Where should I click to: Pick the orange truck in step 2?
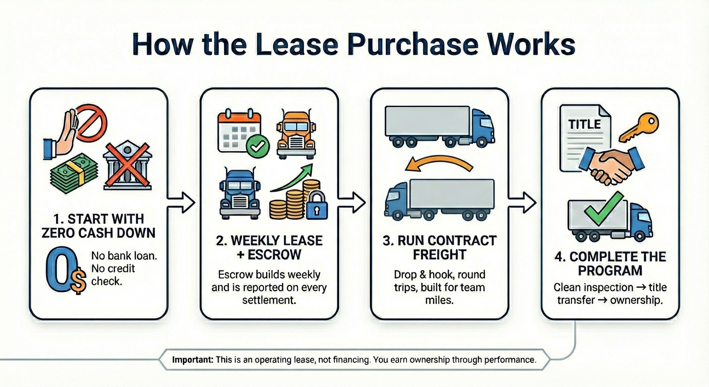coord(296,133)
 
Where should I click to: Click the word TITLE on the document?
coord(584,124)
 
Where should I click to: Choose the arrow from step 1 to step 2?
coord(181,202)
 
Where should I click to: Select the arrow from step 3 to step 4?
coord(522,202)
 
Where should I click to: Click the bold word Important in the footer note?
coord(193,360)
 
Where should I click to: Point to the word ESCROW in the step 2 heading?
coord(275,255)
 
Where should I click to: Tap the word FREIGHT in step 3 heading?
coord(439,255)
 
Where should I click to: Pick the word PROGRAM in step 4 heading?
coord(610,270)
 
